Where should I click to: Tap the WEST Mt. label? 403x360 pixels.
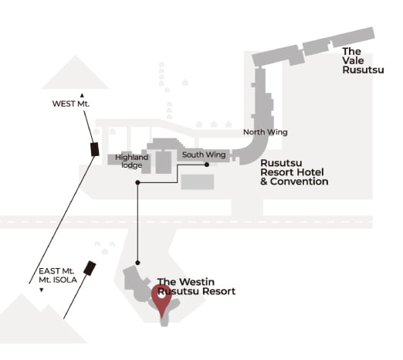click(71, 104)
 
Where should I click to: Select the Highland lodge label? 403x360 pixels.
click(132, 161)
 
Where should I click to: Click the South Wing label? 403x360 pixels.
click(204, 155)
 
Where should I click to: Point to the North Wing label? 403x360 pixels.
click(266, 132)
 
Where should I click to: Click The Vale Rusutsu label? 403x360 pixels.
click(363, 61)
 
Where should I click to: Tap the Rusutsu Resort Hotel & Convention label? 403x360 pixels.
click(294, 172)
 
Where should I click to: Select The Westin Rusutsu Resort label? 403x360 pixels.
click(196, 287)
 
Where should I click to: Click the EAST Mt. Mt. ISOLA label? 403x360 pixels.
click(58, 275)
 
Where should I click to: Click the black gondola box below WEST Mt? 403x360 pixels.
click(95, 149)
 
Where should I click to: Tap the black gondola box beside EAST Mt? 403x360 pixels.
click(90, 268)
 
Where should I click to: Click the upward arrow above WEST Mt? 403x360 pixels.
click(82, 96)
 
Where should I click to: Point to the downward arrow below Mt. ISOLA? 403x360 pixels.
click(41, 290)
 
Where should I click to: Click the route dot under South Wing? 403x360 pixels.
click(207, 165)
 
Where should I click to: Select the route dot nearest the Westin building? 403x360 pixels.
click(137, 263)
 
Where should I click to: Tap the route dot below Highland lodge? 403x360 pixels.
click(137, 182)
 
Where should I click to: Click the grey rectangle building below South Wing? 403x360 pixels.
click(198, 182)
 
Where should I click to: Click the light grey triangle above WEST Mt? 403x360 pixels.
click(75, 75)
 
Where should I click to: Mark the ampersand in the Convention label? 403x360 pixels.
click(264, 182)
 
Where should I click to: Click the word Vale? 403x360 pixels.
click(353, 61)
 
